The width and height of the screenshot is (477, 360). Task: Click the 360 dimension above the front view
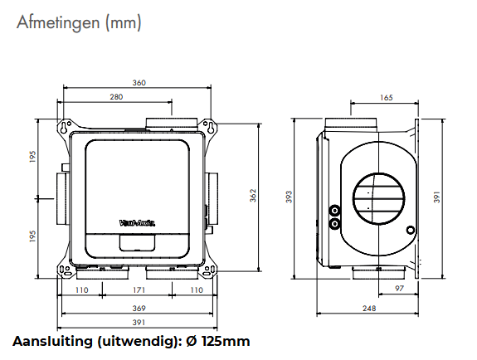coord(139,82)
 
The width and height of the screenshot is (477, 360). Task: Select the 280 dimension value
coord(117,98)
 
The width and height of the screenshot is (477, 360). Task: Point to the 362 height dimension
coord(253,194)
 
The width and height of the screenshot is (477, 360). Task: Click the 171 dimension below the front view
coord(139,291)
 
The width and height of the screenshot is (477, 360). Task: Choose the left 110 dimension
coord(81,291)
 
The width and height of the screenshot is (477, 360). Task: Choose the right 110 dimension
coord(197,291)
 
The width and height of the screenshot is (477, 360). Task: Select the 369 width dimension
coord(139,308)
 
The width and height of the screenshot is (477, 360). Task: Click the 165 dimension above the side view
coord(387,98)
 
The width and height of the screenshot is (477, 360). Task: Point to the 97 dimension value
coord(399,288)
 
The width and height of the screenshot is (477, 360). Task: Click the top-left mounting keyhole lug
coord(64,128)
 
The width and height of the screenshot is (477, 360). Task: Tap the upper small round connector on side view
coord(334,210)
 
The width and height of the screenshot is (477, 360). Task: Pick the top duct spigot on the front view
coord(172,124)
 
